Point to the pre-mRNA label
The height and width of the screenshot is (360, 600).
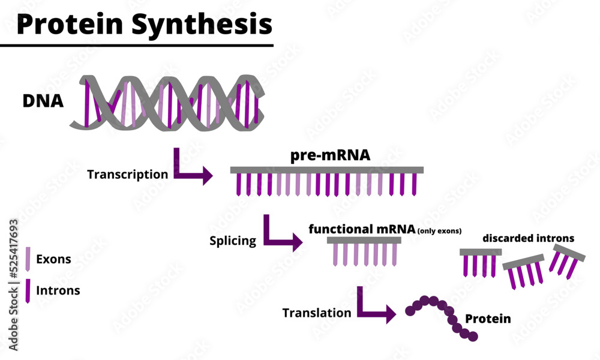coord(330,156)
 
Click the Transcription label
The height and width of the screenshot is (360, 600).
coord(127,175)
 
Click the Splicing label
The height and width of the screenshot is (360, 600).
coord(233,241)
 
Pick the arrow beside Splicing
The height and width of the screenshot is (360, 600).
coord(281,236)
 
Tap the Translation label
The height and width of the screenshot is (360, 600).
coord(317,313)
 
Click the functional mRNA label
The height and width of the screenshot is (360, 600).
coord(362,229)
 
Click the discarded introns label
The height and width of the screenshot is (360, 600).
coord(528,238)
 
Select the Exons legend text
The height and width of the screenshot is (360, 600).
coord(53,260)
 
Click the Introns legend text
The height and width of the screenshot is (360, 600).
coord(58,290)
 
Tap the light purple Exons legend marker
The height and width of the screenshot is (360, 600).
coord(28,259)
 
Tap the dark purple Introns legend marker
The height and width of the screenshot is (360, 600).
coord(28,290)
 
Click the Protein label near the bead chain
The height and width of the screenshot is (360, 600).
coord(488,319)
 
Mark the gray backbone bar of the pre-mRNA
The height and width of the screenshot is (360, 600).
coord(327,170)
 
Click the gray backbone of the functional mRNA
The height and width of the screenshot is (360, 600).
coord(364,240)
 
